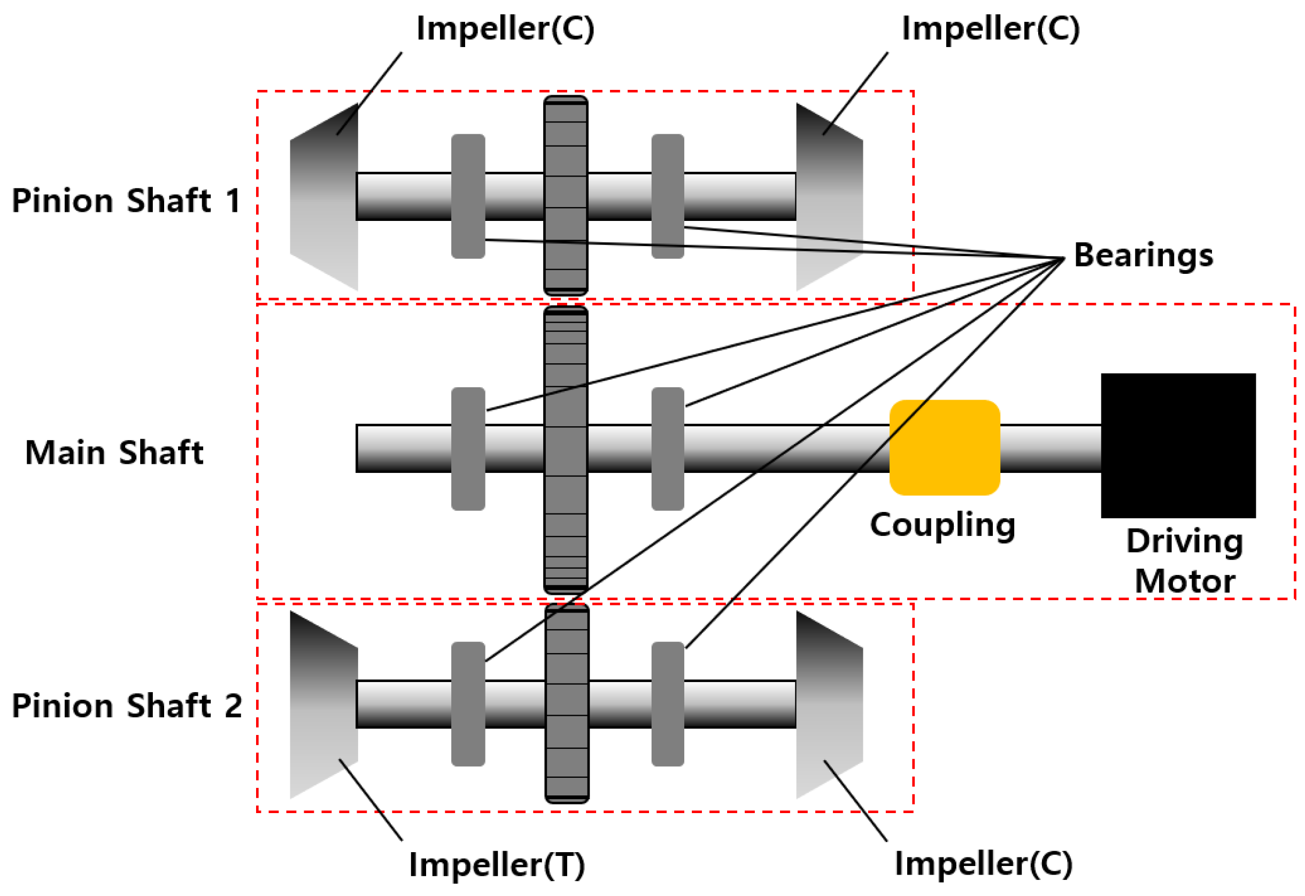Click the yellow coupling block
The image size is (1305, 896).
(x=945, y=448)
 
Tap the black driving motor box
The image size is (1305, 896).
(x=1178, y=446)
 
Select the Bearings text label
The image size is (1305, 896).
(x=1144, y=256)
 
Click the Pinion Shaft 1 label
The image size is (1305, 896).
(x=126, y=201)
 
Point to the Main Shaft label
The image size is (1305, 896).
(x=114, y=453)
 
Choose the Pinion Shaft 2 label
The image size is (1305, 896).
(x=126, y=706)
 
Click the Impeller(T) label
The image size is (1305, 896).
(x=497, y=864)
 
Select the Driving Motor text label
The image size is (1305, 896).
(x=1185, y=561)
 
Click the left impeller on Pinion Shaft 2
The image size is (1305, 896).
(x=325, y=705)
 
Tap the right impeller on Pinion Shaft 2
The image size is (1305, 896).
(x=829, y=705)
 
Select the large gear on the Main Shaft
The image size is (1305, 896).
(x=566, y=449)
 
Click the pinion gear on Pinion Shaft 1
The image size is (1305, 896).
(x=566, y=195)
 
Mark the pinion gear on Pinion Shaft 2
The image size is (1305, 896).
(x=567, y=704)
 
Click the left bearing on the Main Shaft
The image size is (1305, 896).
(x=468, y=449)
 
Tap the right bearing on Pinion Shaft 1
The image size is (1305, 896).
(x=667, y=196)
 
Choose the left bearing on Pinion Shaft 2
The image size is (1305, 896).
(x=468, y=704)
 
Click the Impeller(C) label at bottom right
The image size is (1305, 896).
(x=983, y=864)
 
